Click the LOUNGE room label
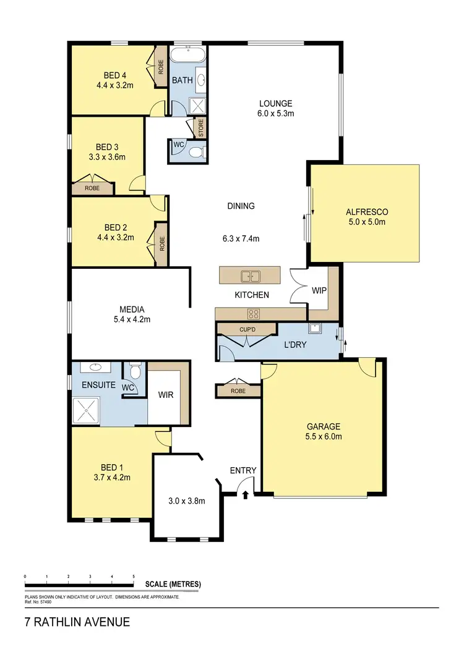point(275,103)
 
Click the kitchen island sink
point(251,276)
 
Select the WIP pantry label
point(319,290)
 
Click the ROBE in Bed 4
point(161,67)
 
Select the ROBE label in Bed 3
point(92,187)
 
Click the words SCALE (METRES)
point(173,584)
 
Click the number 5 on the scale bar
point(134,576)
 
